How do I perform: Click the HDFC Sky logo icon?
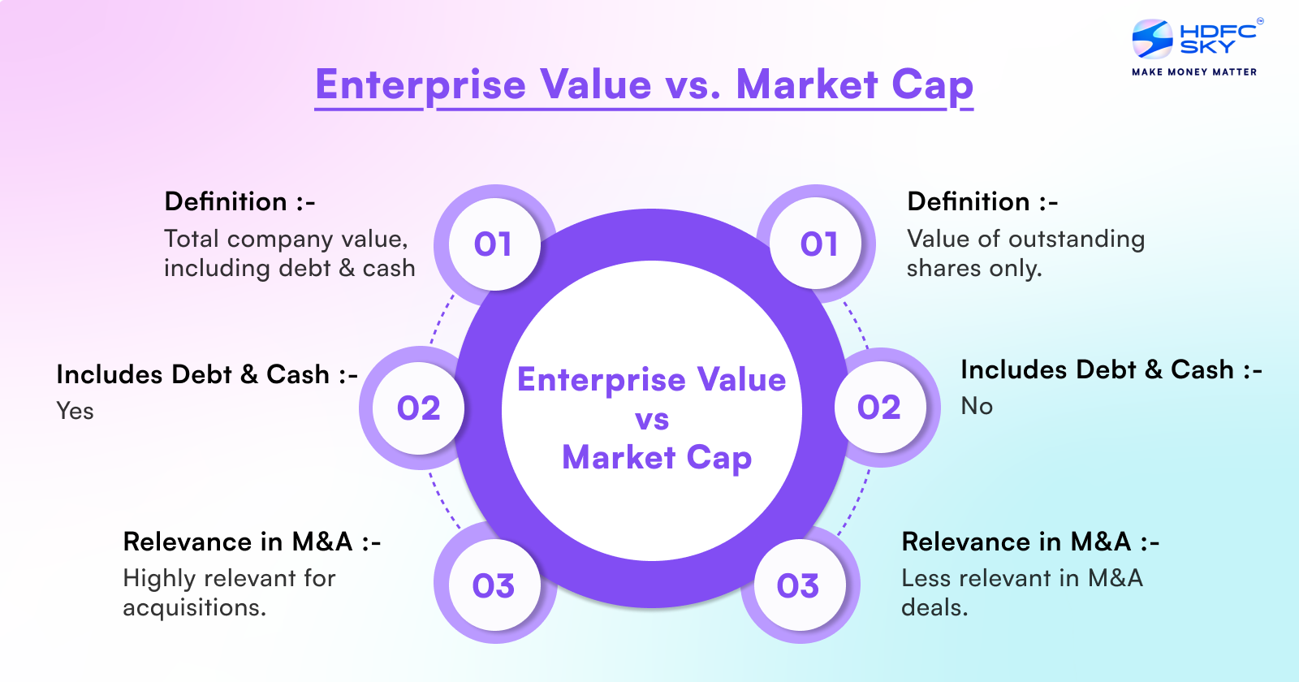tap(1152, 39)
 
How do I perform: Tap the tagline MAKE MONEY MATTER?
tap(1194, 72)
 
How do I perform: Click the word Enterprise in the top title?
tap(421, 85)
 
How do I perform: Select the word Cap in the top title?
tap(932, 85)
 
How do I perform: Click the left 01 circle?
tap(494, 244)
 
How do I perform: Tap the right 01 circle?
tap(818, 244)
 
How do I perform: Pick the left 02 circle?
tap(419, 408)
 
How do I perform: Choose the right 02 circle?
tap(879, 408)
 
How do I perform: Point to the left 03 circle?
tap(494, 585)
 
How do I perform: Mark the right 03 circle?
tap(798, 585)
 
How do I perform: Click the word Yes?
tap(75, 411)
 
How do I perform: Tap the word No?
tap(977, 406)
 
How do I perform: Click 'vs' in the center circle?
tap(652, 420)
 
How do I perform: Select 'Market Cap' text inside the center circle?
tap(657, 458)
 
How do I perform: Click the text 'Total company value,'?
tap(286, 239)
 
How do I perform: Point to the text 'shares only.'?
tap(973, 269)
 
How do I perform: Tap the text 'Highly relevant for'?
tap(229, 578)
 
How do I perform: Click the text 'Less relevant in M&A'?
tap(1022, 578)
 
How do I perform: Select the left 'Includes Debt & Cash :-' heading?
tap(207, 374)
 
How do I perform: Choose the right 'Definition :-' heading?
tap(982, 201)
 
